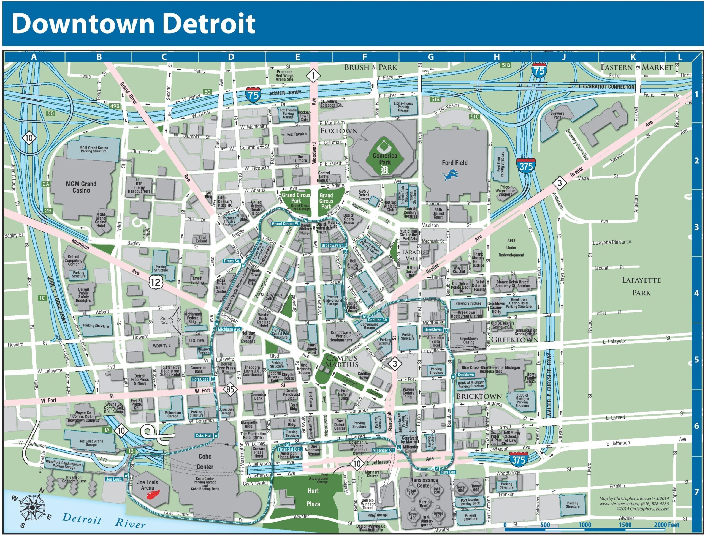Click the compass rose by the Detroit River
point(32,507)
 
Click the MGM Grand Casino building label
point(81,187)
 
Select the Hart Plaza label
point(313,497)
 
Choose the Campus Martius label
point(340,361)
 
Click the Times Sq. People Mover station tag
point(232,261)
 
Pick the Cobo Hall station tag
point(204,435)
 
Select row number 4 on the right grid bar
point(696,293)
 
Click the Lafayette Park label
point(641,286)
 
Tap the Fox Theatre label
point(296,134)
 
